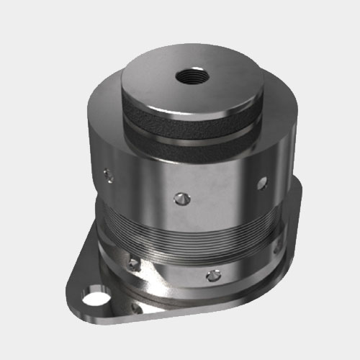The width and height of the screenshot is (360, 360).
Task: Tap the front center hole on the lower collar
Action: click(x=212, y=274)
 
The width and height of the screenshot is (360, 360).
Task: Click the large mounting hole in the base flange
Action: click(x=92, y=296)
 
